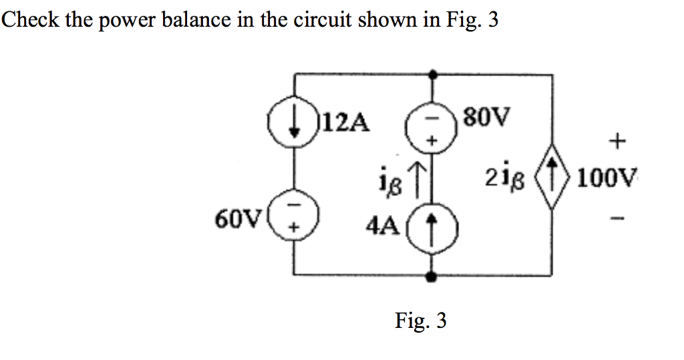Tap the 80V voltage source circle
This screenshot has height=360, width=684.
(x=432, y=127)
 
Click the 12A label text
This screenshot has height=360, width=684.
(x=346, y=122)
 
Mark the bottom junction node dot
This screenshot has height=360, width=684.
(x=433, y=275)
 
